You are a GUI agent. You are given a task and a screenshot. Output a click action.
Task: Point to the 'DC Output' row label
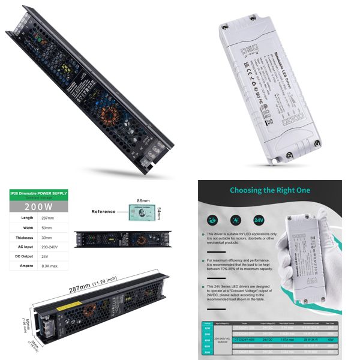(22, 256)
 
